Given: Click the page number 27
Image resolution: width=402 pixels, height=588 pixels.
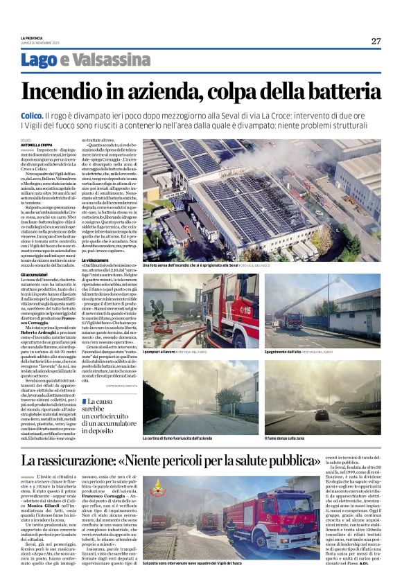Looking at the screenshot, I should click(375, 41).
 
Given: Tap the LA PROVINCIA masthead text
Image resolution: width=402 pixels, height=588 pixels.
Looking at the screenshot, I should click(31, 38).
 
